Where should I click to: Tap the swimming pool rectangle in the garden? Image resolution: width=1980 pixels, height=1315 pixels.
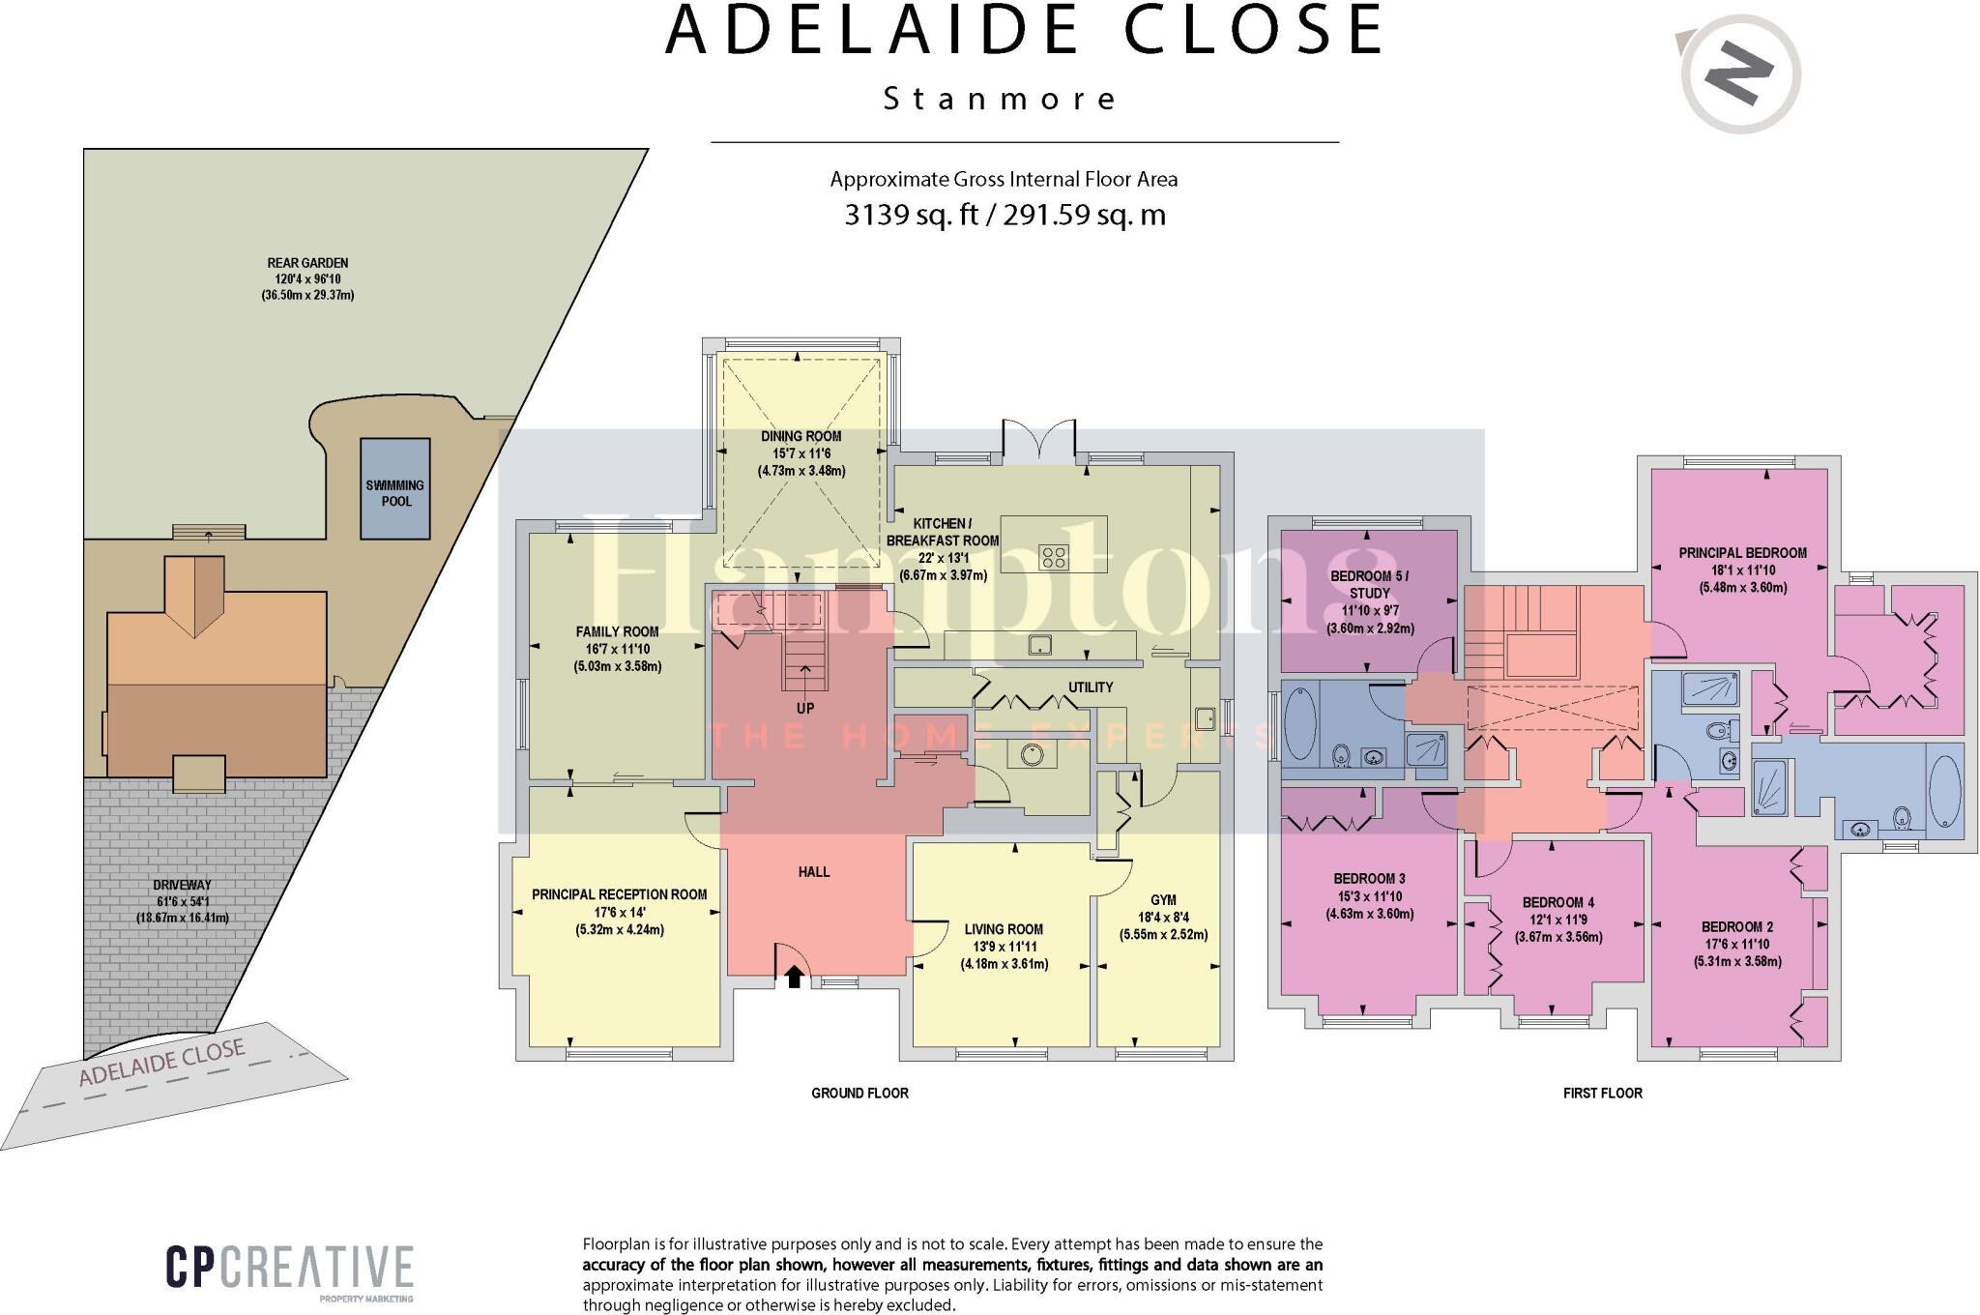point(394,488)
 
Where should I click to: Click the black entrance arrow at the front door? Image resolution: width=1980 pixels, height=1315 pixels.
point(794,977)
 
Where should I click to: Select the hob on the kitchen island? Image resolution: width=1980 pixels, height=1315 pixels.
point(1054,557)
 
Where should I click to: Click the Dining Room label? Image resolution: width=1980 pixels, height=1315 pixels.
point(801,436)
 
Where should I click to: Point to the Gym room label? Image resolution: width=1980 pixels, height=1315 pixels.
point(1163,900)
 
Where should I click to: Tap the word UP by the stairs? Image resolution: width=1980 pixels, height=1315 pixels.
point(805,708)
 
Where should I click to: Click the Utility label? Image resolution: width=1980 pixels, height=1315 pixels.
point(1091,687)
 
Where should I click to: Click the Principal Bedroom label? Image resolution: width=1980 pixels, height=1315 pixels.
point(1742,553)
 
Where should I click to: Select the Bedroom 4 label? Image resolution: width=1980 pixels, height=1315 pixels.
point(1558,902)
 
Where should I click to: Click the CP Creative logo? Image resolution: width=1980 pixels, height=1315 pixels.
point(289,1268)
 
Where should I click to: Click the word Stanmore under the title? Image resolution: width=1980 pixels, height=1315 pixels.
point(1000,99)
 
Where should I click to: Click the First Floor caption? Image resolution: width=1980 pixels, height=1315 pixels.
point(1602,1093)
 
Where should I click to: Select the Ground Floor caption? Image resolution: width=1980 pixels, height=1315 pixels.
point(859,1093)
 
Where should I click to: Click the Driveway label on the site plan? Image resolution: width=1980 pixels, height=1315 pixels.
point(182,885)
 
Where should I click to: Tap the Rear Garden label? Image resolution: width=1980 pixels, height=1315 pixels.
point(307,263)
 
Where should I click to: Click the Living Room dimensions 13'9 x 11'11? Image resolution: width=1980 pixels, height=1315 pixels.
point(1004,947)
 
